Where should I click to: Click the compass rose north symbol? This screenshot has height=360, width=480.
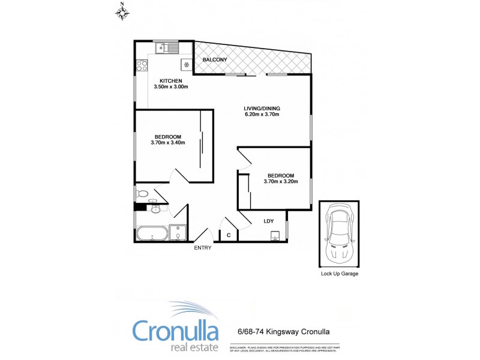(x=122, y=11)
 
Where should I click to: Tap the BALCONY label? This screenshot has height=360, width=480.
(x=214, y=60)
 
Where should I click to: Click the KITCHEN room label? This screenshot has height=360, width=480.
(x=170, y=80)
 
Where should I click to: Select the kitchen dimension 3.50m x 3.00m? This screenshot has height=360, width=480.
(x=171, y=87)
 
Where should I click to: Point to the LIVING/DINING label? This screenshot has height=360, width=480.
(x=262, y=109)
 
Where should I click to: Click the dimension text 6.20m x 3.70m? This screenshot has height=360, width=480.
(x=262, y=115)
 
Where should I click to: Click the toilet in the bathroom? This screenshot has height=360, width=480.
(x=142, y=193)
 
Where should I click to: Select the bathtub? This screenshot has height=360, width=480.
(x=151, y=233)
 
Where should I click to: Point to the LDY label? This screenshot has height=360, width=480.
(x=269, y=221)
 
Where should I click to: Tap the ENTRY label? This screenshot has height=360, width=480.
(x=202, y=248)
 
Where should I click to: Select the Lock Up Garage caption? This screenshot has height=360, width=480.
(x=340, y=274)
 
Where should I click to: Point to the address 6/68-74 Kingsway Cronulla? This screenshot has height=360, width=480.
(x=280, y=331)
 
